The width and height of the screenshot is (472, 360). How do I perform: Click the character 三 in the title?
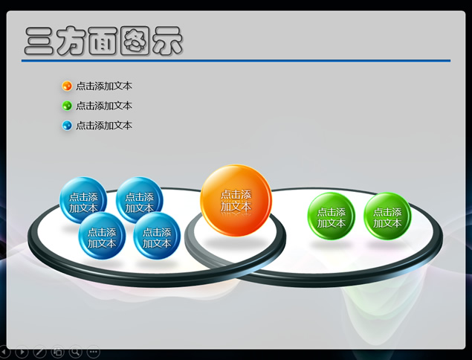39,41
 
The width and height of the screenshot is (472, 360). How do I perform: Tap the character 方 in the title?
71,41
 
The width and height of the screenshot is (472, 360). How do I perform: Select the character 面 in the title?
103,41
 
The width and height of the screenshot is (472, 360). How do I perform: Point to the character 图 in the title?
135,41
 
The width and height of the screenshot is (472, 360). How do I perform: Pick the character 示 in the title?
167,41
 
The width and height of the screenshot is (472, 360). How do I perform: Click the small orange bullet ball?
67,86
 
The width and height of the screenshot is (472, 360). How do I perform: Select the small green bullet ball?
67,106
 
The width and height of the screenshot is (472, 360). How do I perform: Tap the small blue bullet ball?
67,125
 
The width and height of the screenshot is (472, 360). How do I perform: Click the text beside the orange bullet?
104,86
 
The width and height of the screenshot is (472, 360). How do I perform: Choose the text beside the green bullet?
104,106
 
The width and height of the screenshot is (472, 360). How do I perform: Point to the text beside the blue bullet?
104,125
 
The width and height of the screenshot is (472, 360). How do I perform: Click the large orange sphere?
236,200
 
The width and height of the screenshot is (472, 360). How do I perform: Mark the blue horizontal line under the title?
236,61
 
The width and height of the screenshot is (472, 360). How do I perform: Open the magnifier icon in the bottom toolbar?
76,352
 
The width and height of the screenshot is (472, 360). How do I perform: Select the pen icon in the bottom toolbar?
39,352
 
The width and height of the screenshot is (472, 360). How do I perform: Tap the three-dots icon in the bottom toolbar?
94,352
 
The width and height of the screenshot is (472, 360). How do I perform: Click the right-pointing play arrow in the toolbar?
22,352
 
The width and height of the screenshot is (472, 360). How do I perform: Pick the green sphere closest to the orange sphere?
331,216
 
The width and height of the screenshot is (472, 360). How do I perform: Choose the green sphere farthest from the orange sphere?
387,216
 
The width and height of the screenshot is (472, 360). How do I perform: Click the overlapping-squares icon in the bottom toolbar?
57,352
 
